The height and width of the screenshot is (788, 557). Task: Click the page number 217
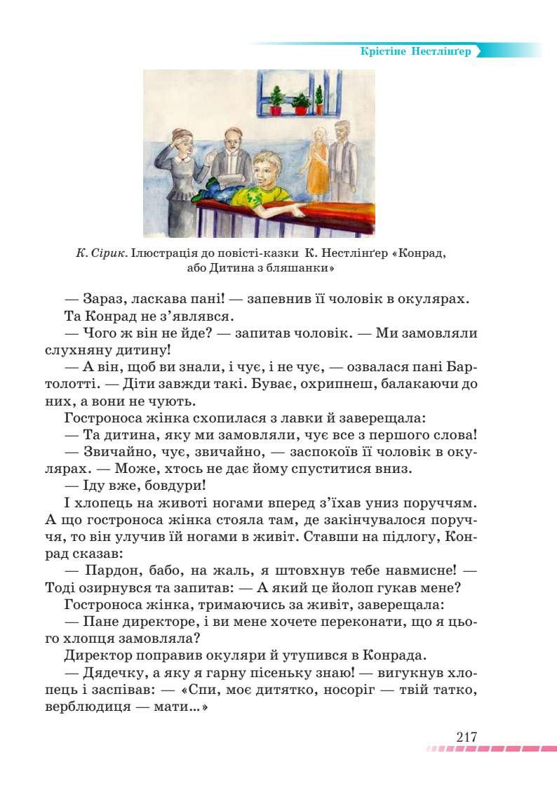pos(466,737)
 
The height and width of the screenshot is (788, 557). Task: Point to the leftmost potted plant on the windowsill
pos(276,100)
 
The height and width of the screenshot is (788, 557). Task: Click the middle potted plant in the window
pos(301,103)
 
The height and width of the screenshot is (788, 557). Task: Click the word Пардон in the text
pos(107,568)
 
